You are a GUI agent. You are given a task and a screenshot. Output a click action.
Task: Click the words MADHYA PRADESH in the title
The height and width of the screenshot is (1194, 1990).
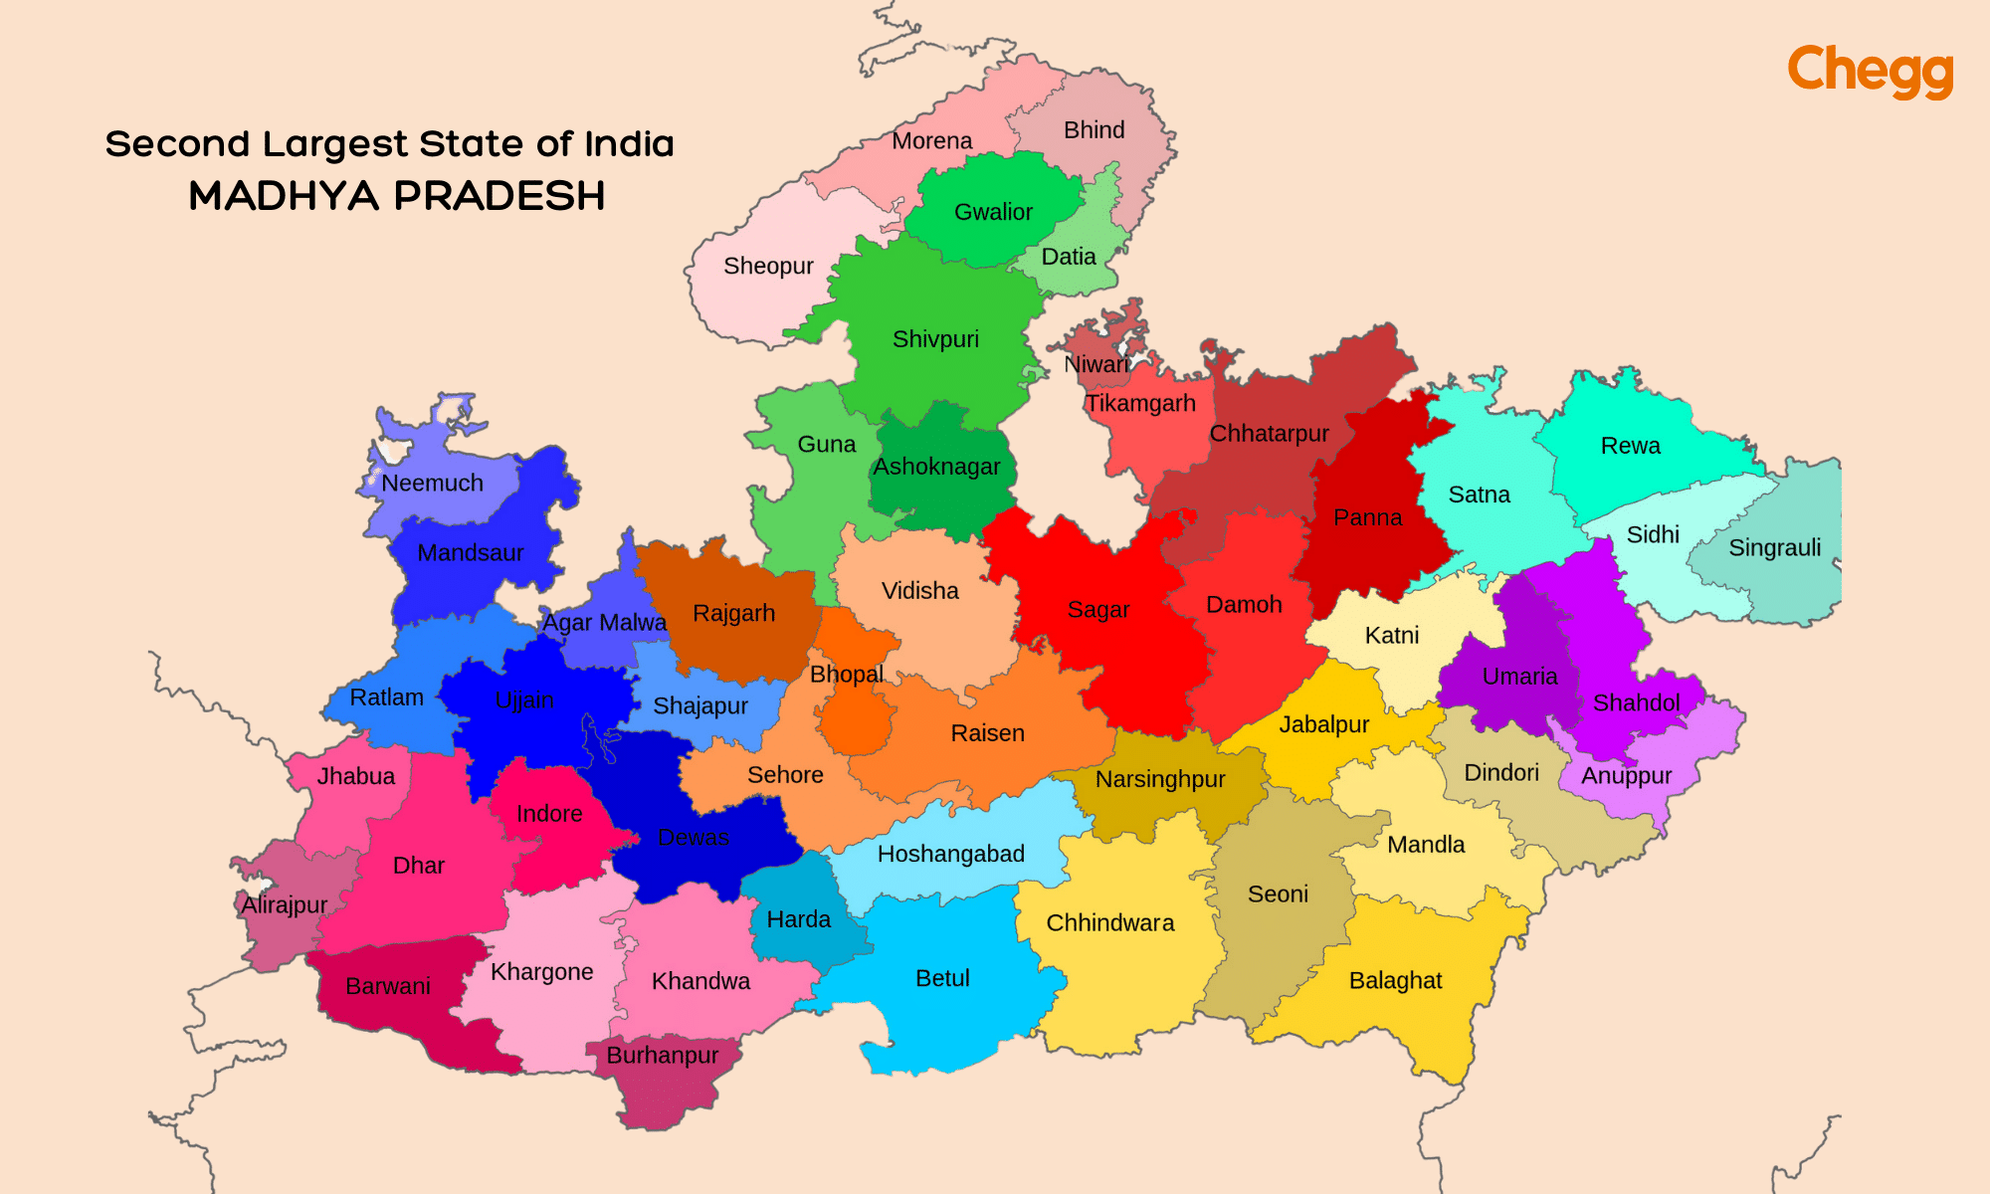[x=397, y=196]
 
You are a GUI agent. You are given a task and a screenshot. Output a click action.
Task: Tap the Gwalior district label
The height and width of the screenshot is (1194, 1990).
[x=993, y=212]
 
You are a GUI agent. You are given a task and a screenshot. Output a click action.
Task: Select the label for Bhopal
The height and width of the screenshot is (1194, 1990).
[x=847, y=675]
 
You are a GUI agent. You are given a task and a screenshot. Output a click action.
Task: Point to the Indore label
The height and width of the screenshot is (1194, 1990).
[x=549, y=814]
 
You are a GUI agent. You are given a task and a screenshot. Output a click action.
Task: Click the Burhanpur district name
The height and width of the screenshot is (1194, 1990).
[x=663, y=1056]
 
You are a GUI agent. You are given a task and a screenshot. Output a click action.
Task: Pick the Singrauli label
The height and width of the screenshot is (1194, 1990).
[x=1775, y=548]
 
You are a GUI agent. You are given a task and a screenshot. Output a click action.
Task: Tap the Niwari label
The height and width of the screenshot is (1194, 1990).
[x=1096, y=365]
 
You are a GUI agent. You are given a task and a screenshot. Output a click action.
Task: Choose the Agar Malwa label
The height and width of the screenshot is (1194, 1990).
[x=604, y=623]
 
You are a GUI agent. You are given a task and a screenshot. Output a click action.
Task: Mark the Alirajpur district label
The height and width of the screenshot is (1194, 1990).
[x=285, y=905]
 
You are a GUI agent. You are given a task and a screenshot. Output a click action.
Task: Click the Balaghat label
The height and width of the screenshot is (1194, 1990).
[x=1395, y=981]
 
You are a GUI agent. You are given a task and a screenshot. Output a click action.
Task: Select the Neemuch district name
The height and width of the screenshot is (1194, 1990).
[x=432, y=484]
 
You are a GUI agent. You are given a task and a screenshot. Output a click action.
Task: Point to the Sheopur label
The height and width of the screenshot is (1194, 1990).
[x=768, y=267]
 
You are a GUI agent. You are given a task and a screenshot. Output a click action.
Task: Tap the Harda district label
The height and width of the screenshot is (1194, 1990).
[x=798, y=919]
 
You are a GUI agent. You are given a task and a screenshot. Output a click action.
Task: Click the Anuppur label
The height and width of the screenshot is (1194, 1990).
[x=1627, y=776]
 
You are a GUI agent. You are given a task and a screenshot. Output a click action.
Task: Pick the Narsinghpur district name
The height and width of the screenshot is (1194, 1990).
[x=1160, y=779]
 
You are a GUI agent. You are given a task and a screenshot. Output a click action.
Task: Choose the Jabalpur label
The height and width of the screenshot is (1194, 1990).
[x=1323, y=724]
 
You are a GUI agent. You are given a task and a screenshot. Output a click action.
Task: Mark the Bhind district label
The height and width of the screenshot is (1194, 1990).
[x=1094, y=130]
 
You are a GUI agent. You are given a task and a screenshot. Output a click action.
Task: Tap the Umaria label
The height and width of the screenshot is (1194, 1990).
[x=1519, y=677]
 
